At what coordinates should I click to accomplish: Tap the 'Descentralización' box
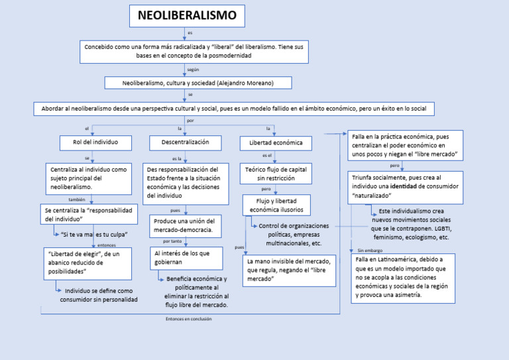pyautogui.click(x=180, y=143)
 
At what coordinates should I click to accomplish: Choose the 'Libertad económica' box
pyautogui.click(x=276, y=143)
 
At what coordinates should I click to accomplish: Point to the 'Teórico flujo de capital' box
pyautogui.click(x=275, y=174)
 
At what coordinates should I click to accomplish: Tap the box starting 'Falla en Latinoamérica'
pyautogui.click(x=402, y=278)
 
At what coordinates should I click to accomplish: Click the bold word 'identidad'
pyautogui.click(x=403, y=187)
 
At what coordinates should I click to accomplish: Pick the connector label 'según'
pyautogui.click(x=193, y=70)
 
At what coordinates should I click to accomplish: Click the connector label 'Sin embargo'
pyautogui.click(x=370, y=251)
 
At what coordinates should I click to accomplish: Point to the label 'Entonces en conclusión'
pyautogui.click(x=188, y=319)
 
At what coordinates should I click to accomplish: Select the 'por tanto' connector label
pyautogui.click(x=172, y=241)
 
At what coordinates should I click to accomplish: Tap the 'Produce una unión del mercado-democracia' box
pyautogui.click(x=186, y=225)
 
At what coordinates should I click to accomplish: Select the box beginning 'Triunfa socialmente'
pyautogui.click(x=405, y=187)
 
